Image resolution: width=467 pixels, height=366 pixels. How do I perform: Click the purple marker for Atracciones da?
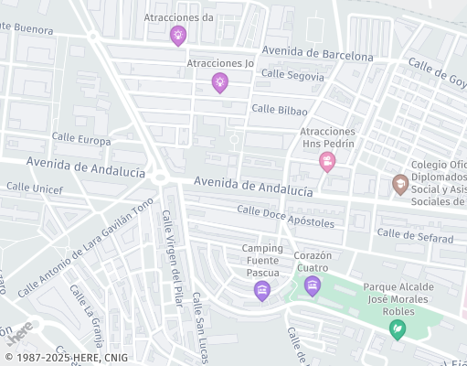(x=178, y=36)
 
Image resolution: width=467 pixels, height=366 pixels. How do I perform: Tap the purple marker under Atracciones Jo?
(x=219, y=83)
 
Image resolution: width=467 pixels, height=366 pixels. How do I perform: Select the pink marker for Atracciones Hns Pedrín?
(x=327, y=162)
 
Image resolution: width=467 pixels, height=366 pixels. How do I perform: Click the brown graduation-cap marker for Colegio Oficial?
(x=399, y=184)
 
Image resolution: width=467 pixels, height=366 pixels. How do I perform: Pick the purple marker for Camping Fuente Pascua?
(x=262, y=291)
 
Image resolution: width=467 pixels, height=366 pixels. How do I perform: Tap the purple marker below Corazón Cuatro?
(x=313, y=287)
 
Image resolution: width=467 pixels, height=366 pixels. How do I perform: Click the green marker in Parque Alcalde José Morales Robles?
(x=397, y=329)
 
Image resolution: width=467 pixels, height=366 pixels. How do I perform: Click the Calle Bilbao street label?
(x=279, y=110)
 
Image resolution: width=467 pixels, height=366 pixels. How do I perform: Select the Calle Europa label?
(x=80, y=140)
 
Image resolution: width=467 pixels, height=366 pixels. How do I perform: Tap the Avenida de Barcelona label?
(x=317, y=53)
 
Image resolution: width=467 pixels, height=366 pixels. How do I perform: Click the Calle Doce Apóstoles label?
(x=285, y=216)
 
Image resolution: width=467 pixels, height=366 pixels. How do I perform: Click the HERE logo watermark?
(x=19, y=328)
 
